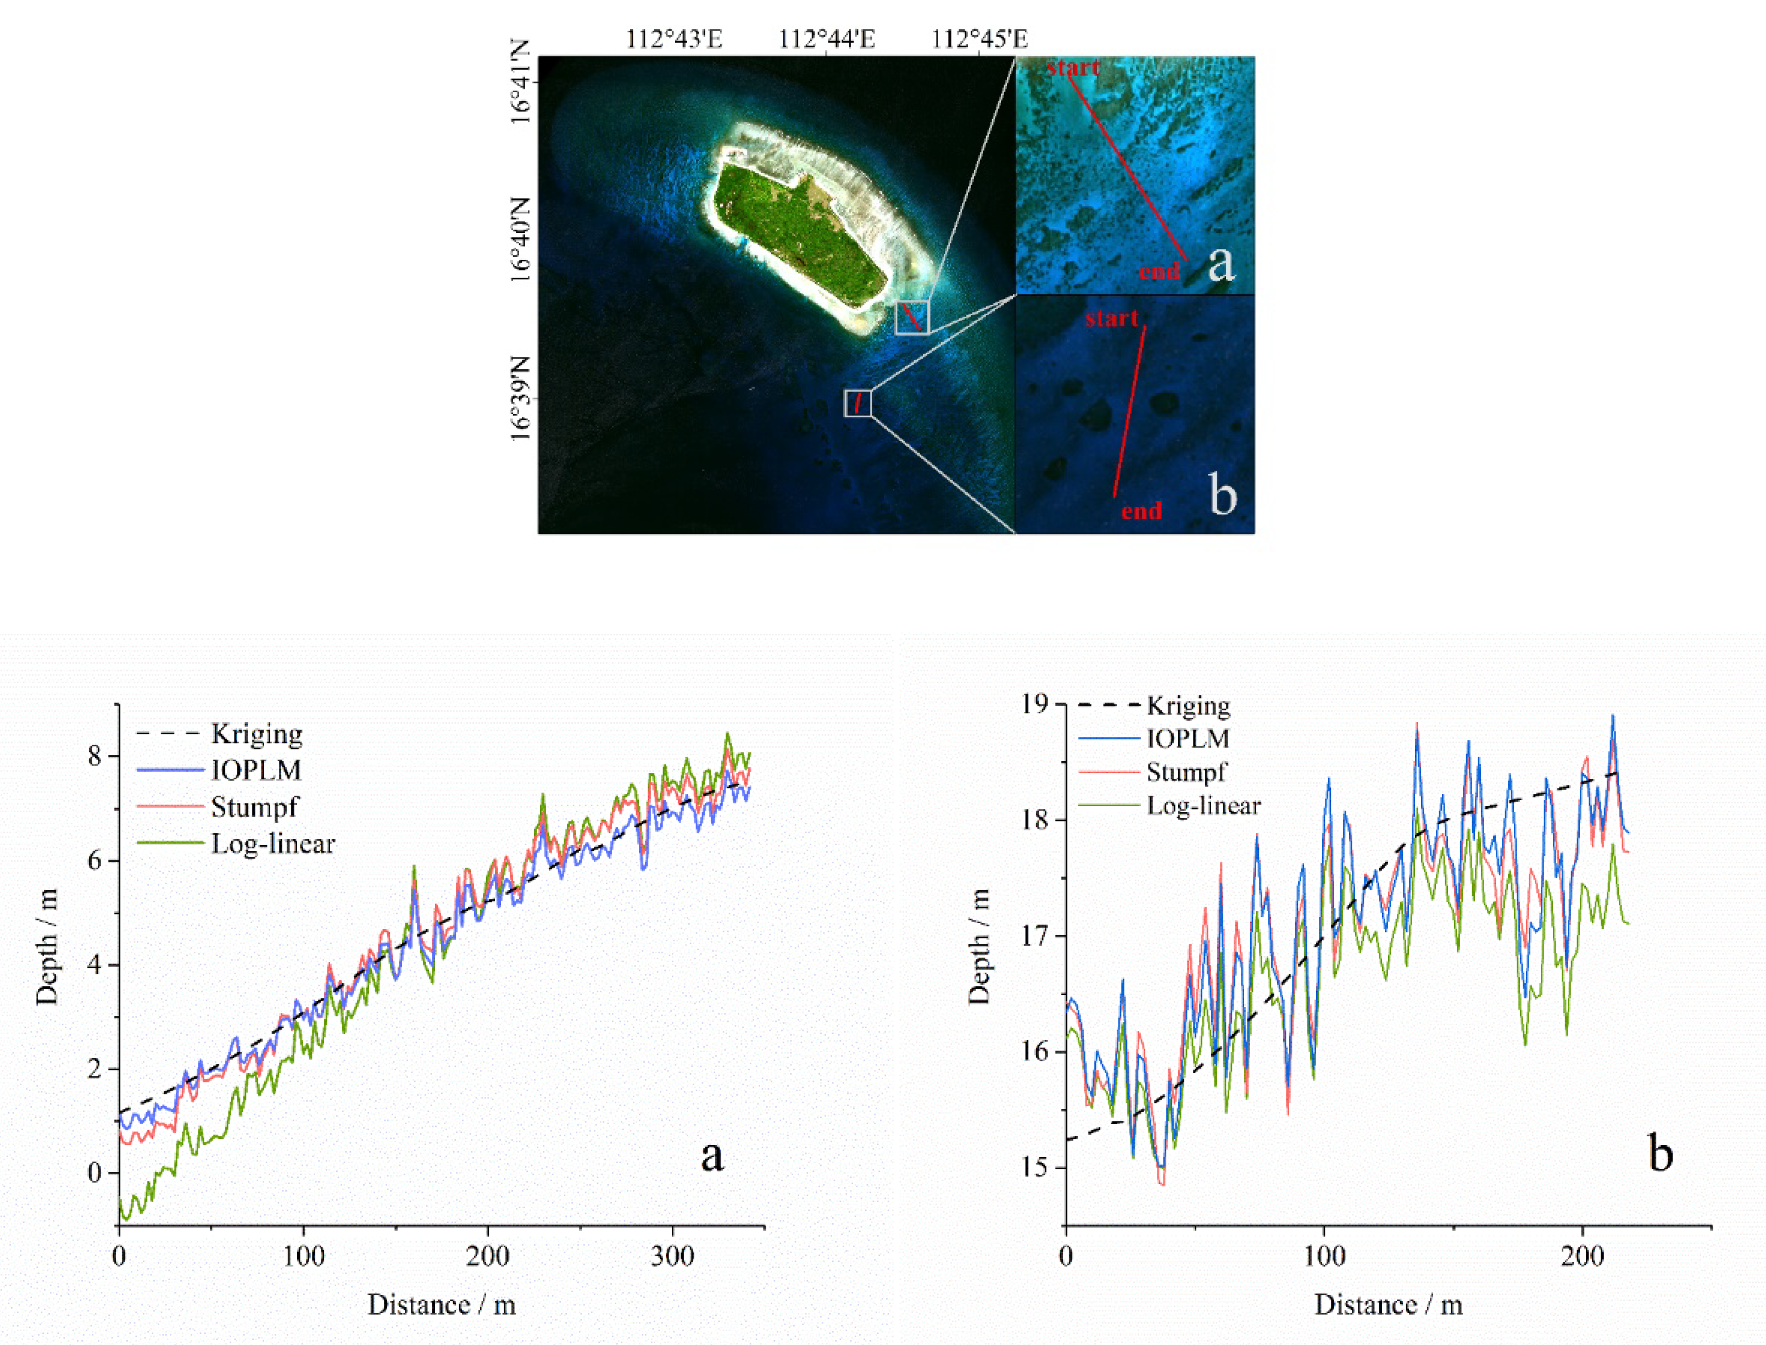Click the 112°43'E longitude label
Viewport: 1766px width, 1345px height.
tap(674, 38)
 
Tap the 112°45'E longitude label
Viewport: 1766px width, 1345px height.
tap(979, 38)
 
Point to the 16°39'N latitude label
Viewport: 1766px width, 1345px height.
tap(520, 398)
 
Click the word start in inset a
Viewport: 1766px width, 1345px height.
tap(1073, 68)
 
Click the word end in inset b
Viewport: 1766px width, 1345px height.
tap(1141, 511)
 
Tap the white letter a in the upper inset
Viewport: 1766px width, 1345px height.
tap(1220, 263)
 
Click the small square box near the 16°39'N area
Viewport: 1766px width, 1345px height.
tap(857, 403)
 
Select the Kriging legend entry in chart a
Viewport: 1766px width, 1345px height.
tap(256, 733)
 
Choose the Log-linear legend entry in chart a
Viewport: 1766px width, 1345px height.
tap(272, 844)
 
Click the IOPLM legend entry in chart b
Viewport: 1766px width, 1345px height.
tap(1187, 739)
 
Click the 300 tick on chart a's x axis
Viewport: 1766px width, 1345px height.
tap(672, 1256)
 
